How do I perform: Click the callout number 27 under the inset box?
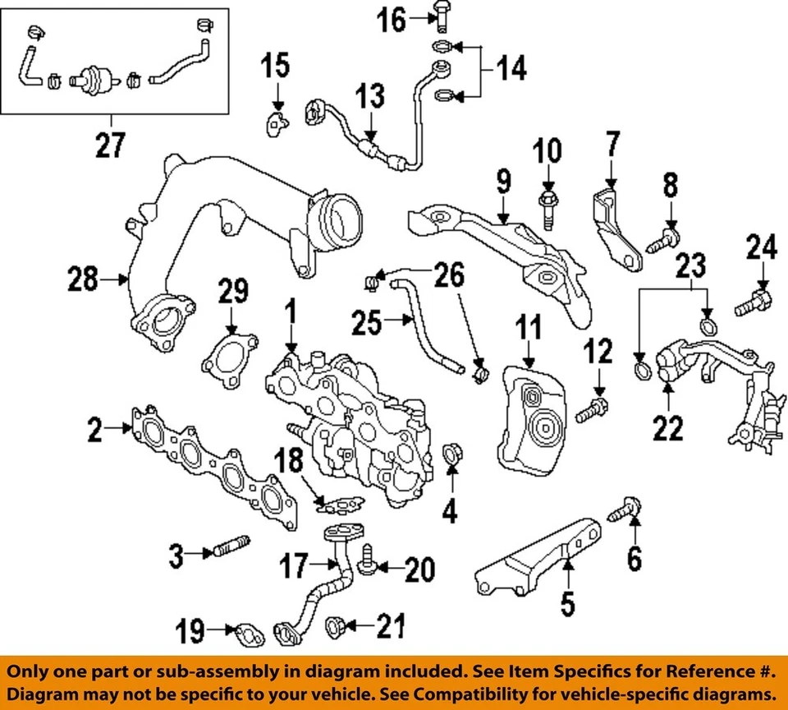(110, 145)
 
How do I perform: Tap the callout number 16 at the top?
(392, 19)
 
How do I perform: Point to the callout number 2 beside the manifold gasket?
(96, 429)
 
